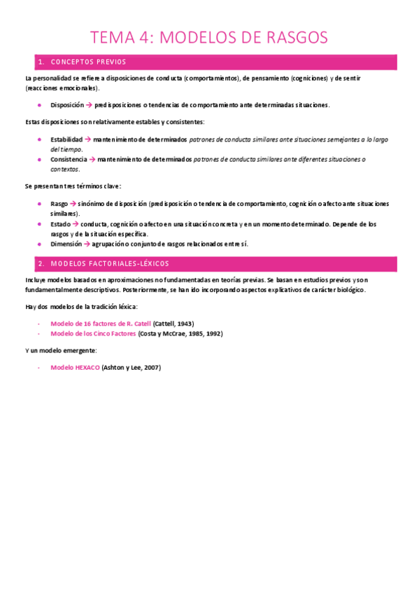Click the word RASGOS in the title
click(x=292, y=38)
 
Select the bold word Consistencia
click(x=69, y=159)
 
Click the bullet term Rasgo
click(x=59, y=204)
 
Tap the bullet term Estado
click(x=60, y=224)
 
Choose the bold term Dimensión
click(x=66, y=244)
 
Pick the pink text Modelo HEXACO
click(x=75, y=367)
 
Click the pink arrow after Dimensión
click(x=87, y=244)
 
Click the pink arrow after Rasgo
click(x=73, y=204)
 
